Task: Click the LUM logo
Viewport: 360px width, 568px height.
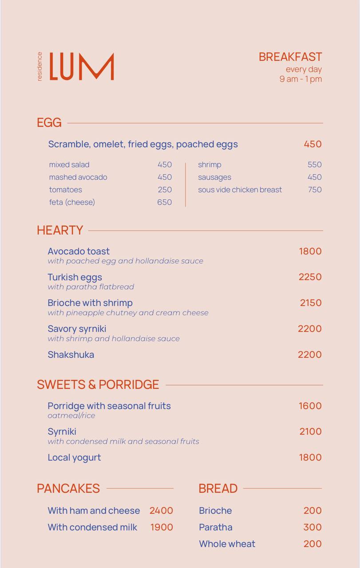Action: [x=81, y=67]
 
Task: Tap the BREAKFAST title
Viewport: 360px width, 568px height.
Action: [x=290, y=57]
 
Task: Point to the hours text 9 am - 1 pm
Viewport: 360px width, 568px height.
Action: [x=300, y=79]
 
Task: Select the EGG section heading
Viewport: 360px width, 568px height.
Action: [x=49, y=122]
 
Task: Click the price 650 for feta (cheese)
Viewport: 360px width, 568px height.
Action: [x=164, y=202]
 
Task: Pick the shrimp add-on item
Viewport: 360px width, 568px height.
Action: [x=210, y=165]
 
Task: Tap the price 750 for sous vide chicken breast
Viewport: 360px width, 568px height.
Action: [x=314, y=189]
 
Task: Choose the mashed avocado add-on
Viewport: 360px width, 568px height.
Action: [x=78, y=177]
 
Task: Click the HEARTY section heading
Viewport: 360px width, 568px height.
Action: [x=60, y=230]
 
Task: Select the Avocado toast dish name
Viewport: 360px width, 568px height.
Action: [x=79, y=251]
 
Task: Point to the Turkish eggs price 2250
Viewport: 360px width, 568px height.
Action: [x=310, y=277]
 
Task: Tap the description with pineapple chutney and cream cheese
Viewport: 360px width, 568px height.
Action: [x=128, y=313]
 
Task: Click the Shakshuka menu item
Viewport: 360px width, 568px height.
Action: [x=71, y=355]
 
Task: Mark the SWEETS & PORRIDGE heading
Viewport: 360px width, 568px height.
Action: [x=98, y=384]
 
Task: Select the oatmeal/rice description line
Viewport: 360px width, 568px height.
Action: [x=71, y=416]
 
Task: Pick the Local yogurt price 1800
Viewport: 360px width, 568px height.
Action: [x=310, y=458]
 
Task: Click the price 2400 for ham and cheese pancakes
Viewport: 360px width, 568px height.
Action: [x=161, y=511]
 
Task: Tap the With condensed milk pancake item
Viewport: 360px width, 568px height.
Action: [x=92, y=527]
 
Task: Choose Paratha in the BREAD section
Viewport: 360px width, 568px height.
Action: [x=216, y=527]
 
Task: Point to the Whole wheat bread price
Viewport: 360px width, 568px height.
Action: [x=313, y=544]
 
